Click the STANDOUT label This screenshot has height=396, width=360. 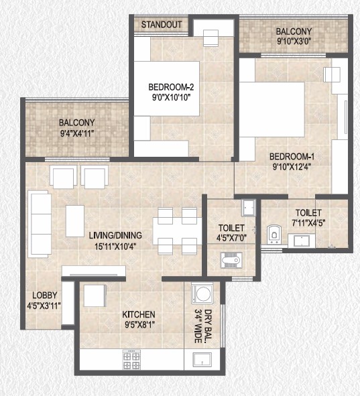[x=162, y=25]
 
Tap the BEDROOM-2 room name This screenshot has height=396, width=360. [x=171, y=87]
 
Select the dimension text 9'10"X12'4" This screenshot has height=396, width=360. [x=292, y=167]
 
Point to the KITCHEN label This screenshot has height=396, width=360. [x=139, y=314]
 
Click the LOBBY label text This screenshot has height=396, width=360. [x=45, y=295]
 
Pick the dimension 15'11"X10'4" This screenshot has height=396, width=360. [x=115, y=246]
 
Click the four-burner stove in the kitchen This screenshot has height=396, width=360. [x=131, y=359]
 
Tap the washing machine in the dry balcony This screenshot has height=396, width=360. [x=202, y=293]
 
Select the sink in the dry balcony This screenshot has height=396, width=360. [x=202, y=359]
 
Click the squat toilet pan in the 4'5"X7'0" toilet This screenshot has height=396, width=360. [x=231, y=260]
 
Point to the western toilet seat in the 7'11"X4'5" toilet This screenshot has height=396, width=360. [x=274, y=235]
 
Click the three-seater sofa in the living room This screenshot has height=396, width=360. [x=40, y=224]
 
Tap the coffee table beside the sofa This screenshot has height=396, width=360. [x=75, y=221]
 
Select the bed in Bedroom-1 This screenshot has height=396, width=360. [x=272, y=109]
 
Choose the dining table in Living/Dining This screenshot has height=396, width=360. [x=177, y=230]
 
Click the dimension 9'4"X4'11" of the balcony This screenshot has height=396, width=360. [x=77, y=133]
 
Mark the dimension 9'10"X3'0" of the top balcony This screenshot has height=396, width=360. [x=294, y=41]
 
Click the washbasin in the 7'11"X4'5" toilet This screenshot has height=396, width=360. [x=302, y=241]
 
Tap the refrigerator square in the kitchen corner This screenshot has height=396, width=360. [x=95, y=295]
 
